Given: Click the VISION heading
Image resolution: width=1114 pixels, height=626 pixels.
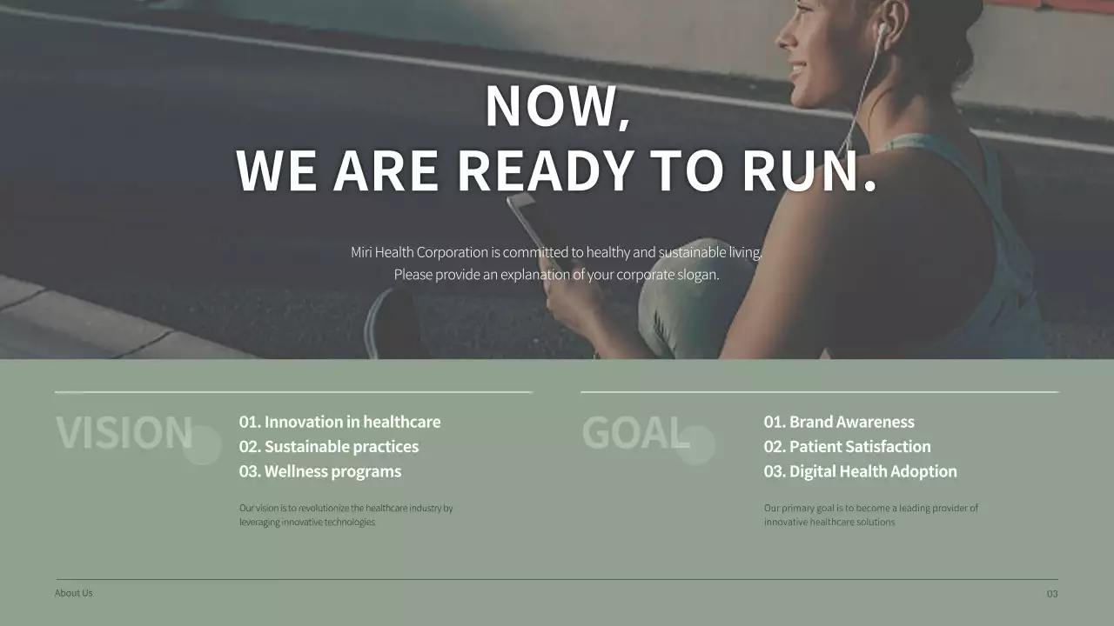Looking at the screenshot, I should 124,433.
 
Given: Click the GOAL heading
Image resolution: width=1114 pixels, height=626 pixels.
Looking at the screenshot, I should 634,433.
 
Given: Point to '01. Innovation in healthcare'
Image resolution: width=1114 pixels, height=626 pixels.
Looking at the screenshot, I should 339,422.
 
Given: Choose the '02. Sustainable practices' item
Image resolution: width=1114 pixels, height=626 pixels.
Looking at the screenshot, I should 329,447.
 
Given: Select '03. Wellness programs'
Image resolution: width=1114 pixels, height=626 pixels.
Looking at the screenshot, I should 320,471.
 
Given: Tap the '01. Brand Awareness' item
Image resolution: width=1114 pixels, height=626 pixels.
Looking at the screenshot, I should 839,422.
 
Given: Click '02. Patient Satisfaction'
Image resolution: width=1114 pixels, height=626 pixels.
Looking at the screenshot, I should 847,447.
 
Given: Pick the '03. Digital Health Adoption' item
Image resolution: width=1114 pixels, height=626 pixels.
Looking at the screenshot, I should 860,471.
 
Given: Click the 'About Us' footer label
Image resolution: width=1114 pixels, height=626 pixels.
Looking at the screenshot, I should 73,593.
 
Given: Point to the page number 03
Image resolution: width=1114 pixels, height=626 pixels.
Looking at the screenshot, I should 1052,594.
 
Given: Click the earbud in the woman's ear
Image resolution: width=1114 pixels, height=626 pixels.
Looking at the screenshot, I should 882,31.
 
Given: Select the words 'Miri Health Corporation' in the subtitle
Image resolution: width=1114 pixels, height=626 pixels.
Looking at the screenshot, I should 419,252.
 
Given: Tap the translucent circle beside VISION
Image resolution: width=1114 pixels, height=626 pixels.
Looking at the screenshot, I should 202,445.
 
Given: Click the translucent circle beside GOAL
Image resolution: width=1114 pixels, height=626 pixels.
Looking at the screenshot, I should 695,445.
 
